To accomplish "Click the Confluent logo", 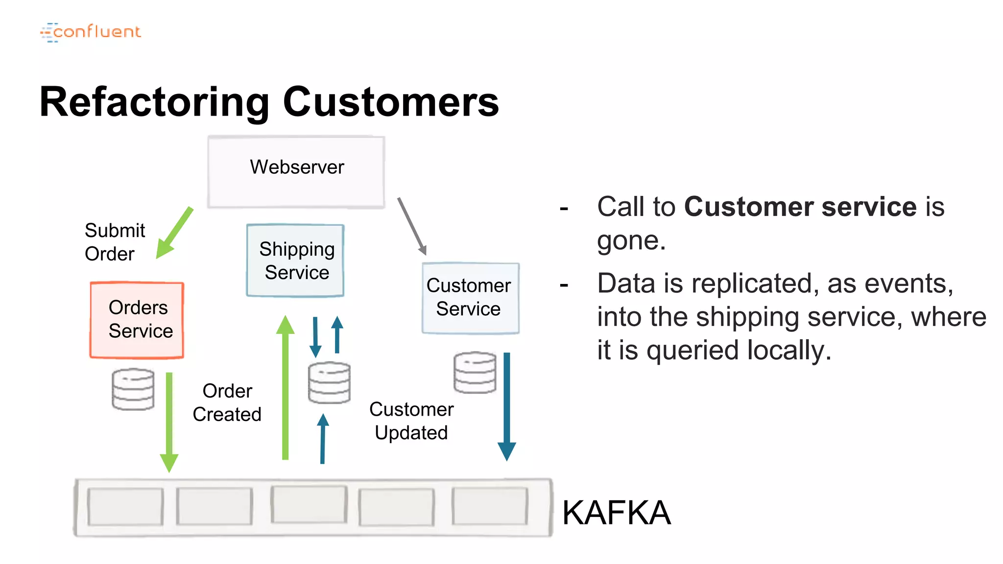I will pos(91,32).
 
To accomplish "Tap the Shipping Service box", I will pos(295,260).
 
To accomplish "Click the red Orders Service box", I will pos(137,320).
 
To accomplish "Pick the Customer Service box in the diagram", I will pos(470,298).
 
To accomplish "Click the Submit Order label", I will pos(115,242).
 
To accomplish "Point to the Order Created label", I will pos(227,402).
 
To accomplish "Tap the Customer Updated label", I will pos(411,421).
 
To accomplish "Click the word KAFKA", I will pos(616,513).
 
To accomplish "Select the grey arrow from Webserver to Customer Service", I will pos(412,226).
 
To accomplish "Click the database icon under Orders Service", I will pos(133,389).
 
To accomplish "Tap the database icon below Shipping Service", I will pos(329,382).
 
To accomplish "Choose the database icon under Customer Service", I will pos(475,373).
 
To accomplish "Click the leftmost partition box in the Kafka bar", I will pos(125,507).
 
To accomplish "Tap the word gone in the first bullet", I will pos(631,241).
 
